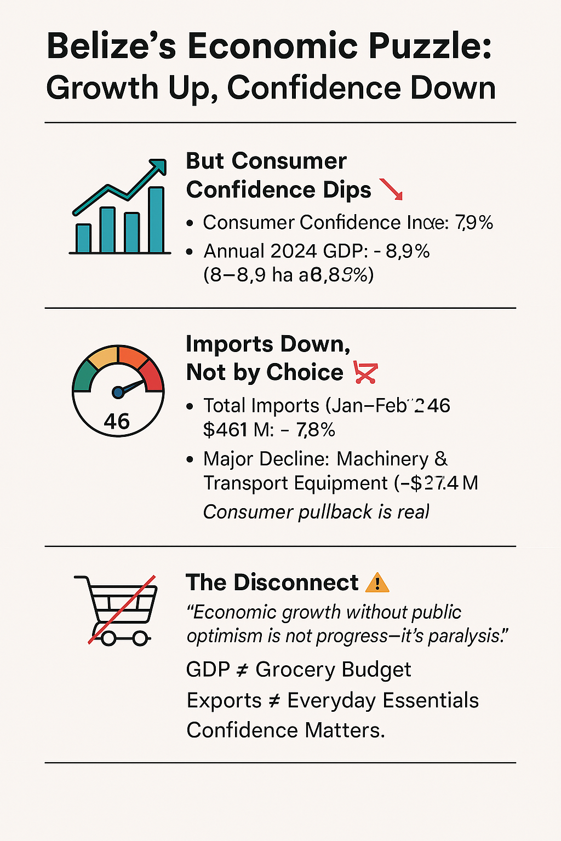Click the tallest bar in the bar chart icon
pyautogui.click(x=156, y=220)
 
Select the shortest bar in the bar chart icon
pyautogui.click(x=83, y=238)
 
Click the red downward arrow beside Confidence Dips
pyautogui.click(x=391, y=189)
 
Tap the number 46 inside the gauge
pyautogui.click(x=117, y=422)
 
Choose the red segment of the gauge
pyautogui.click(x=153, y=377)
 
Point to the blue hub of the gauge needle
pyautogui.click(x=118, y=392)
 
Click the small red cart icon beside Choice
pyautogui.click(x=366, y=372)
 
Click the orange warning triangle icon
pyautogui.click(x=377, y=583)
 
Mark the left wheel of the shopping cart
pyautogui.click(x=108, y=638)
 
